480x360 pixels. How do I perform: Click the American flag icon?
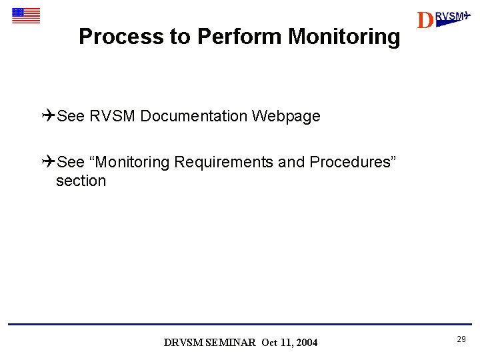click(x=26, y=15)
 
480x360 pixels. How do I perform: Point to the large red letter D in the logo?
click(x=425, y=21)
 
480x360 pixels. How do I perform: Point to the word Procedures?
click(x=355, y=162)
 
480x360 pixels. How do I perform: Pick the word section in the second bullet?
click(x=81, y=181)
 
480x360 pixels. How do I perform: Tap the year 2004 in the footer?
click(x=307, y=343)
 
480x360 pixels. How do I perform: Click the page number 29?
click(x=461, y=340)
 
